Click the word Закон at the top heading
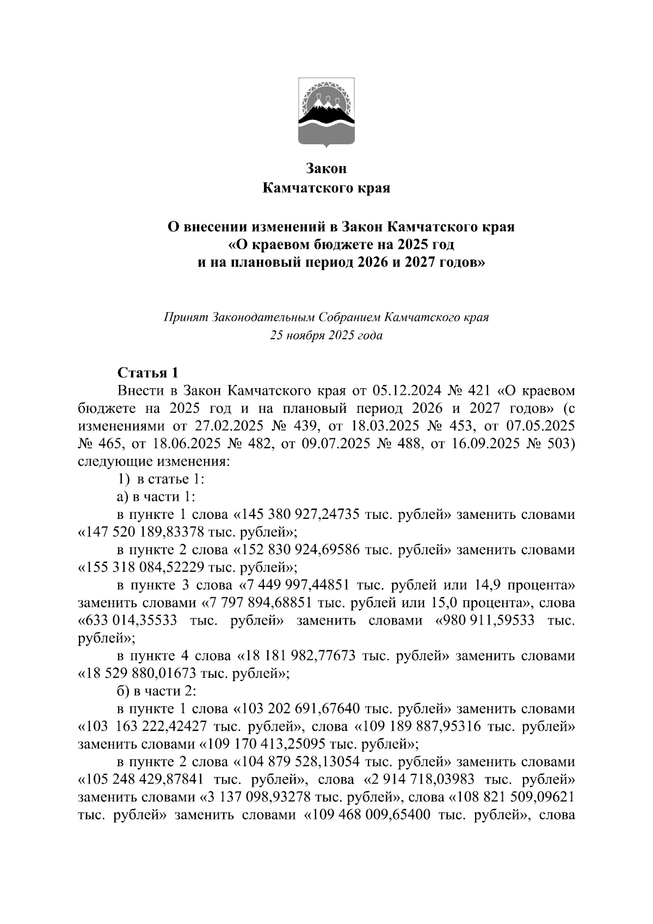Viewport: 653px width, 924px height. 326,168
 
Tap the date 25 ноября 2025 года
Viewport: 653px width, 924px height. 326,335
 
